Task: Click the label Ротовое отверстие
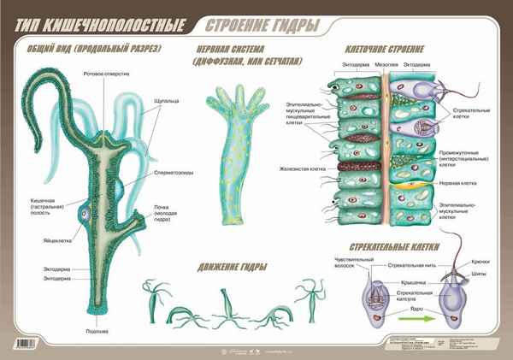pyautogui.click(x=107, y=74)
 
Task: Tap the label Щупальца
pyautogui.click(x=167, y=100)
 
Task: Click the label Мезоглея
pyautogui.click(x=386, y=64)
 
